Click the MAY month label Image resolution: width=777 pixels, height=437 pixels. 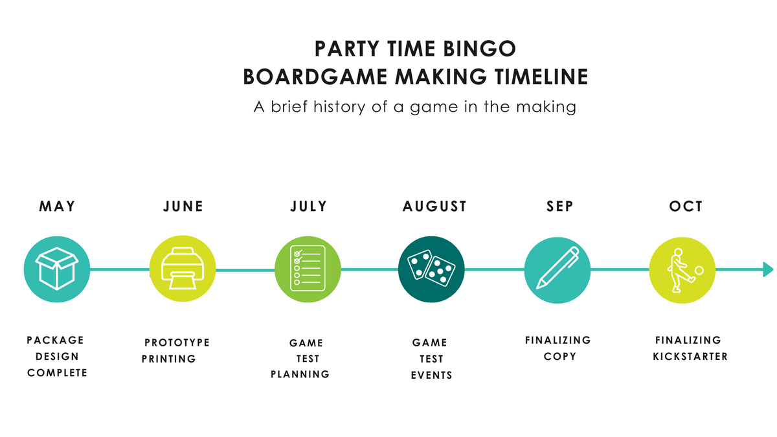57,207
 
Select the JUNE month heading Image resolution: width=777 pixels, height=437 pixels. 183,207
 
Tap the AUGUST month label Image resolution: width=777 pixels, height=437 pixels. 434,207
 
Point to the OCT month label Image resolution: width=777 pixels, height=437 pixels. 686,207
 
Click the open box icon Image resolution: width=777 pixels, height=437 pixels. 57,269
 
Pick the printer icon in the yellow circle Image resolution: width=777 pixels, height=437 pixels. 183,269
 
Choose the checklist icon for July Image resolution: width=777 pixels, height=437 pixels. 308,268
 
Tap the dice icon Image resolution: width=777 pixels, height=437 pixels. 431,268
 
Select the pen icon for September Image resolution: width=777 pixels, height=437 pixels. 557,268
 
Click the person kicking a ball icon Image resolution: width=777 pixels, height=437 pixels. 684,270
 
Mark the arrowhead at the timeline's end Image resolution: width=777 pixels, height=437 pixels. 768,269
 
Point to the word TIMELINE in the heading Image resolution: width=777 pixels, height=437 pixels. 541,76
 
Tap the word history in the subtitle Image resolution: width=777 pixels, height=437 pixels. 339,107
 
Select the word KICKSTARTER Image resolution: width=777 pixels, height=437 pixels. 690,357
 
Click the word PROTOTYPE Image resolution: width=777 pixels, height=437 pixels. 177,342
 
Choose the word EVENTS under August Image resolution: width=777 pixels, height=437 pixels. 431,375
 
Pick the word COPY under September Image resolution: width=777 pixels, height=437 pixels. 559,357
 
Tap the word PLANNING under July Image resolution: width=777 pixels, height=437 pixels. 300,374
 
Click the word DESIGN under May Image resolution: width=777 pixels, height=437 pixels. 57,357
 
